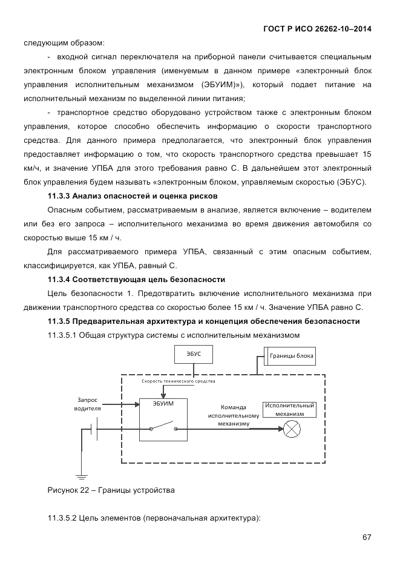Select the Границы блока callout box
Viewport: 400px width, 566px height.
[x=290, y=356]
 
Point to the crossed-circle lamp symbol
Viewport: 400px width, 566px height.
[x=292, y=429]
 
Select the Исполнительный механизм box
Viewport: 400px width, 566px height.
[x=289, y=409]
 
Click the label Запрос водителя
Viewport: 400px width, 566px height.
[x=88, y=404]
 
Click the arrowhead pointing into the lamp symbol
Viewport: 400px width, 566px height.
[x=280, y=429]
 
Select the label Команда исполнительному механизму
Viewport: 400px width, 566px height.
[x=234, y=415]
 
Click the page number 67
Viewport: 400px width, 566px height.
[x=367, y=538]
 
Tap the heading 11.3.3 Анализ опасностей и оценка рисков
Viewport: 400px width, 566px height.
[x=133, y=196]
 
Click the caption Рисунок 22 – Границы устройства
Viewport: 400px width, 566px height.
[x=111, y=490]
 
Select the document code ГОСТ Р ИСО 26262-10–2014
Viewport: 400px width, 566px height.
[x=318, y=28]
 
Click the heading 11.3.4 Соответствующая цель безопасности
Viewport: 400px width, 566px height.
[x=136, y=279]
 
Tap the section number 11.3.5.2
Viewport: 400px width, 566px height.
[x=61, y=518]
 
